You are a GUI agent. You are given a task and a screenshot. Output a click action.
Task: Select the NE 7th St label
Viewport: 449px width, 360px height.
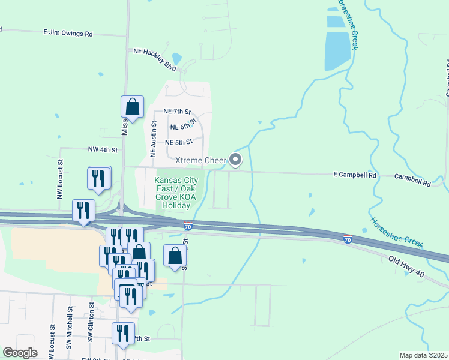point(177,112)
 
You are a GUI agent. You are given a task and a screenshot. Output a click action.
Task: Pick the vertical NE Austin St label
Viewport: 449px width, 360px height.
point(153,139)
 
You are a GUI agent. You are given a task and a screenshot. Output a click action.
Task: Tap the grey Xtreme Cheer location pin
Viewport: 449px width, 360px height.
point(235,160)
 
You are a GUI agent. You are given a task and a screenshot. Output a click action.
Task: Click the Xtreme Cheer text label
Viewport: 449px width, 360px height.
point(200,160)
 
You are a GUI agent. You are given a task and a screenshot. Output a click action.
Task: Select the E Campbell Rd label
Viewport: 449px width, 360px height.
point(355,175)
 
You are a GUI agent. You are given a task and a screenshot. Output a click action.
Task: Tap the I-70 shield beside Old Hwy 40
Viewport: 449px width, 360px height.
point(348,239)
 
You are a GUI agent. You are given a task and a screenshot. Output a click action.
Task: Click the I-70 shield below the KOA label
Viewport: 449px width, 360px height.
point(188,226)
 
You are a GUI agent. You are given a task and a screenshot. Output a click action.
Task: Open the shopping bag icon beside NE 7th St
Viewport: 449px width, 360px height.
point(132,107)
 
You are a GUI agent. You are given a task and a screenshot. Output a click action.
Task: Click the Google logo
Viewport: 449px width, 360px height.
point(20,352)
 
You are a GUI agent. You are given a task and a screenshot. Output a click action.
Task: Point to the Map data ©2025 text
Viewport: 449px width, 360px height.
point(423,355)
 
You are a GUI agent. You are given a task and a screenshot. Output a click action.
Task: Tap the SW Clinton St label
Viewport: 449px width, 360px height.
point(92,328)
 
